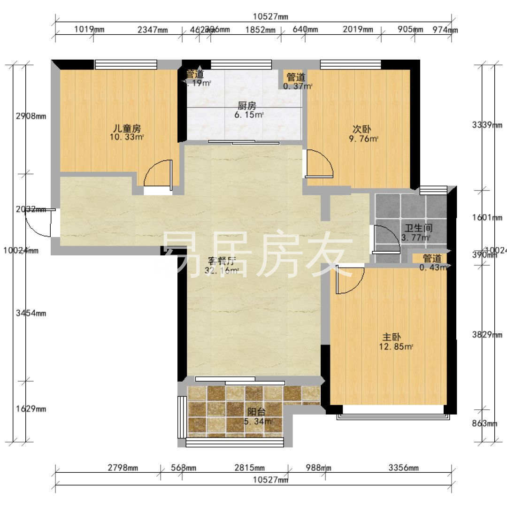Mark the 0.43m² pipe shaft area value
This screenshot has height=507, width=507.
432,268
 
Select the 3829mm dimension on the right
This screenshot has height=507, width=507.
487,335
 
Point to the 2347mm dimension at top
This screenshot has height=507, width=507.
153,30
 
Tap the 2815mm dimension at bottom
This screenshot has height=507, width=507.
249,468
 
